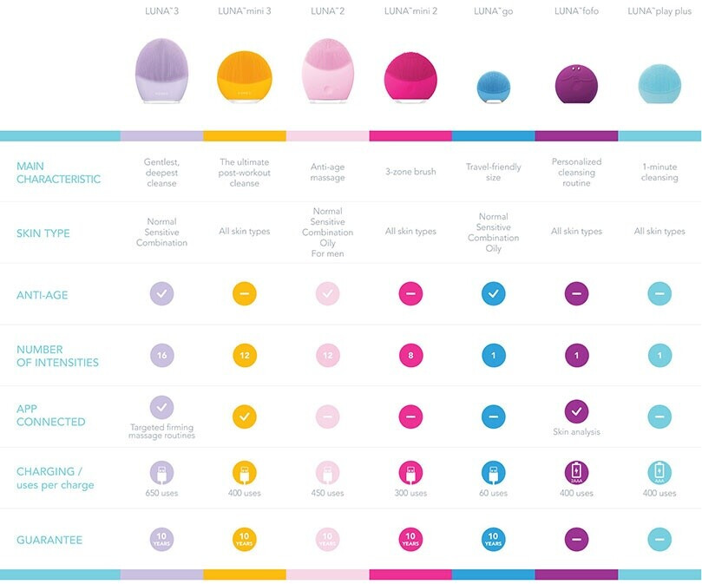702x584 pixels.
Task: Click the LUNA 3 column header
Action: coord(161,11)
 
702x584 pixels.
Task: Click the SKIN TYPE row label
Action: coord(43,233)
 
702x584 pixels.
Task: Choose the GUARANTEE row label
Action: coord(49,540)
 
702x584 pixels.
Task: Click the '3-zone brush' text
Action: coord(410,173)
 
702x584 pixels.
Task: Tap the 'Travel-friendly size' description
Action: coord(493,172)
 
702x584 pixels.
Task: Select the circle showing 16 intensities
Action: coord(161,355)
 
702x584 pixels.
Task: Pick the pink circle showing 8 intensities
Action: coord(410,355)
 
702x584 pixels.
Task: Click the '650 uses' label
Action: coord(161,493)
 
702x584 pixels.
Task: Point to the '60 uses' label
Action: coord(493,493)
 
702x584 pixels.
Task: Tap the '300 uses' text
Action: coord(410,493)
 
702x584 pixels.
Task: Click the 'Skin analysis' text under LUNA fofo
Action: coord(576,431)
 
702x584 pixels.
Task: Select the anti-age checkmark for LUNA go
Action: coord(493,293)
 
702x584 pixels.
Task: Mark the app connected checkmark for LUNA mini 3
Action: coord(244,416)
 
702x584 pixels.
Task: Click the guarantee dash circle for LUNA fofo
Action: coord(576,539)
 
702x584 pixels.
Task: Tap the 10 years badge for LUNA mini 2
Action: coord(410,539)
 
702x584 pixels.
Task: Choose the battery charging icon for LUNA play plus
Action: coord(659,472)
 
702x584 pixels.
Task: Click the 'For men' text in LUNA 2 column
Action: coord(327,253)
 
